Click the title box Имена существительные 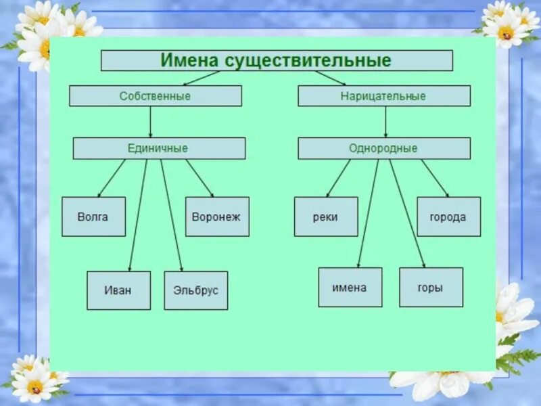277,60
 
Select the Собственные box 155,96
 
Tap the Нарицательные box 384,96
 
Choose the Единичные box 159,148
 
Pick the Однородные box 384,148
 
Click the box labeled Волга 93,217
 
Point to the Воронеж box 217,217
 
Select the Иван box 118,290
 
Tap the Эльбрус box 195,290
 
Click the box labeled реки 326,217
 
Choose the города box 448,217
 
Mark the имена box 350,287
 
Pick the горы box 431,287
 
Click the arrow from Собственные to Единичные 150,122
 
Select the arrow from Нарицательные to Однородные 385,122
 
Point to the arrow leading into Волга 111,179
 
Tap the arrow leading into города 435,178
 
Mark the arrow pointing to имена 368,213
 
